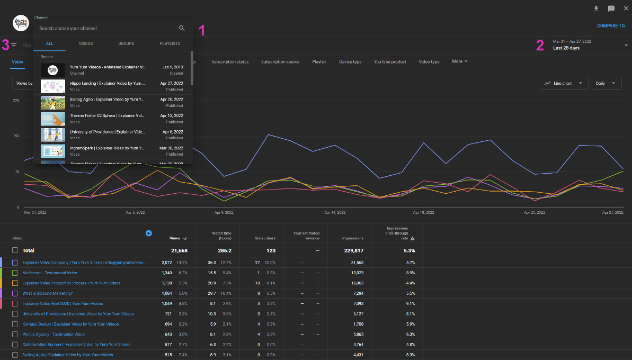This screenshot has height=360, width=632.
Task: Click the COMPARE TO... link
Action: click(x=612, y=25)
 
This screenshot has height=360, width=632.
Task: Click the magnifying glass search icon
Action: click(x=182, y=28)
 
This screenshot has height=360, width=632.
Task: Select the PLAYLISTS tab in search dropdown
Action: click(x=170, y=43)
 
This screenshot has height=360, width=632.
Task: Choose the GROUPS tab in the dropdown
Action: click(x=126, y=43)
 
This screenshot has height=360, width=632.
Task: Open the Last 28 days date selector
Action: click(x=588, y=45)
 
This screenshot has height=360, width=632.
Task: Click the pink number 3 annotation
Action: click(x=5, y=46)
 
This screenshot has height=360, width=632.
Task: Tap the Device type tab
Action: click(x=350, y=62)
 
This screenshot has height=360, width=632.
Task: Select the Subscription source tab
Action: click(x=280, y=62)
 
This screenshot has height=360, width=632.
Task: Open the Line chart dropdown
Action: click(x=564, y=83)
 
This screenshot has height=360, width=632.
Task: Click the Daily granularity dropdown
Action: click(x=606, y=83)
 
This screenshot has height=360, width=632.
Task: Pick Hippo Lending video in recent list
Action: click(x=108, y=83)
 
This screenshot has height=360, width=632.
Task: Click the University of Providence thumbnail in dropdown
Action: click(x=53, y=134)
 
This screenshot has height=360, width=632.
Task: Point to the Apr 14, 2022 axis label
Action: click(x=335, y=212)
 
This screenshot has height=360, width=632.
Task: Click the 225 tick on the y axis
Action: click(x=16, y=100)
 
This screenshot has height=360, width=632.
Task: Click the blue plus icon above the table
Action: click(x=148, y=233)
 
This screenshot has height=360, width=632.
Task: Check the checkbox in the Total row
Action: click(x=15, y=250)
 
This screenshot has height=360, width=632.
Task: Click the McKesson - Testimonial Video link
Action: click(x=49, y=273)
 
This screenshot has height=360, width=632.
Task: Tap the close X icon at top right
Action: click(x=626, y=8)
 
